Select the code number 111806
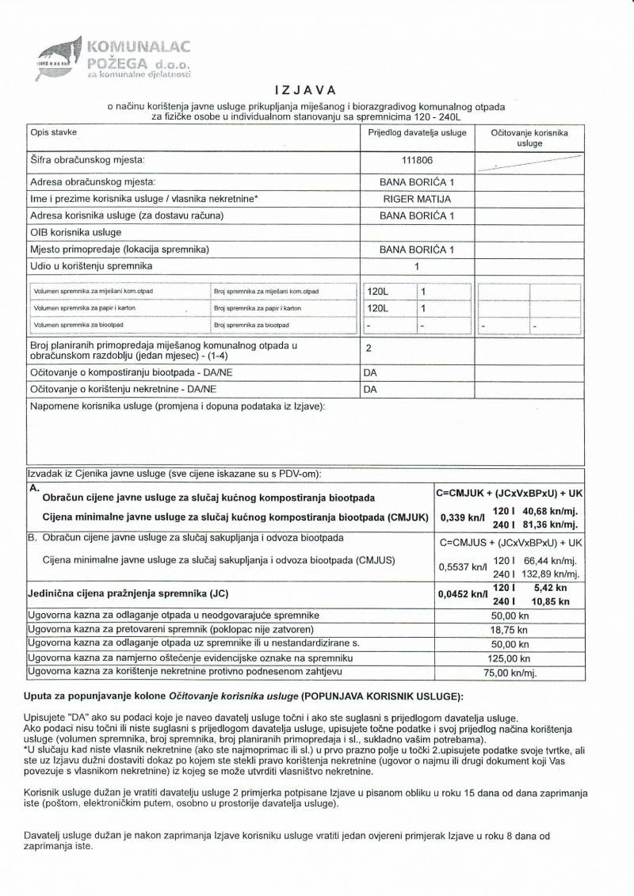coord(417,160)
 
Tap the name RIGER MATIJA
coord(417,198)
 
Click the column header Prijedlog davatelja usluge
coord(417,133)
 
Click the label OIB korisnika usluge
coord(76,232)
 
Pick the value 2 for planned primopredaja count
coord(369,348)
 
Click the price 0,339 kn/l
coord(455,517)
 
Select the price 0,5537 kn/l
coord(455,566)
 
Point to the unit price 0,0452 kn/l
coord(456,594)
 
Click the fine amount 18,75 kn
coord(510,630)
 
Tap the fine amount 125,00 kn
coord(510,658)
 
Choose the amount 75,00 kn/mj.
coord(510,673)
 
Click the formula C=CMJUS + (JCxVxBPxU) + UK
coord(510,543)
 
